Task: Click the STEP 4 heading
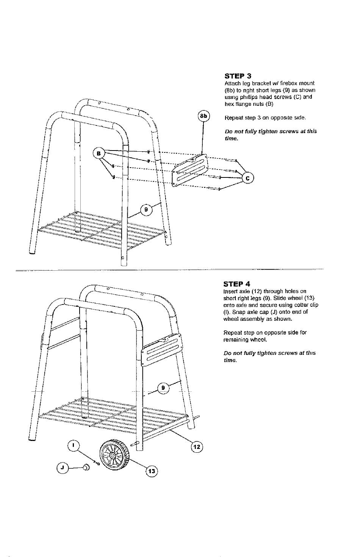[237, 284]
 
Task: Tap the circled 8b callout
[203, 116]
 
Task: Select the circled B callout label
[98, 153]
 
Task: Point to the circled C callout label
[248, 178]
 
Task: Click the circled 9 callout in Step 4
[163, 388]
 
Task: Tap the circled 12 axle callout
[197, 447]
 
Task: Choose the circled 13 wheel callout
[152, 471]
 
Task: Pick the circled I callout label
[74, 446]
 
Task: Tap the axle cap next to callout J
[86, 468]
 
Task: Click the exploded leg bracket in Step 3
[190, 170]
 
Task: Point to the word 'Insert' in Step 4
[230, 291]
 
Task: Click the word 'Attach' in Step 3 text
[232, 83]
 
